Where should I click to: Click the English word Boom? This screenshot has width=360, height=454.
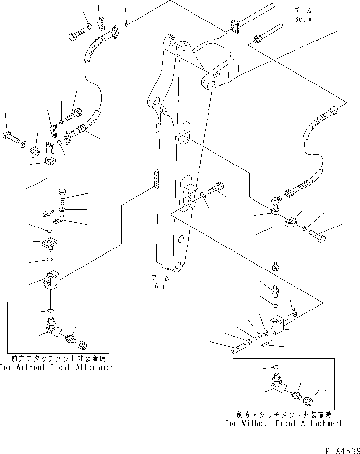click(x=303, y=19)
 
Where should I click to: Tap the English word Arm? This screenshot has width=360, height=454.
click(x=160, y=286)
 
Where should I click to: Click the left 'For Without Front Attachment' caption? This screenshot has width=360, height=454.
click(x=58, y=367)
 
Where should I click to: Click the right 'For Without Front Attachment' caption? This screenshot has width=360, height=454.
click(x=284, y=423)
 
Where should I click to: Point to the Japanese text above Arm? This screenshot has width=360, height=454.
click(x=160, y=278)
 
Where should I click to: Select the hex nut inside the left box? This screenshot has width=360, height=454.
click(x=83, y=344)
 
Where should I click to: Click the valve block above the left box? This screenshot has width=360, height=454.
click(x=51, y=280)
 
